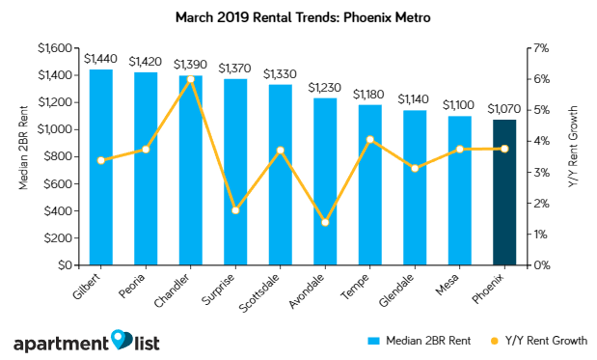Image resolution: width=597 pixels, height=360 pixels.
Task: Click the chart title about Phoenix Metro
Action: [x=299, y=16]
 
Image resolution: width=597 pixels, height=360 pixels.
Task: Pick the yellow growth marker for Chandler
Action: [x=191, y=79]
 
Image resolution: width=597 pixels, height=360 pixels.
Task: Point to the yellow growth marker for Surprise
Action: [x=235, y=210]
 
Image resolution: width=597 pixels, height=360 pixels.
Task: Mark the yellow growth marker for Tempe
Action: [x=370, y=140]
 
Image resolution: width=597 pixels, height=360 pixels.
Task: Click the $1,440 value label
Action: [x=100, y=58]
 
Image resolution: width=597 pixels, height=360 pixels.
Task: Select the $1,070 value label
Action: [x=504, y=108]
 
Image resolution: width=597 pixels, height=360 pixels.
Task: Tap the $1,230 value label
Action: [x=325, y=87]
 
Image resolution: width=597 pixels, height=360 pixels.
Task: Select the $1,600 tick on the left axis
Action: [x=54, y=48]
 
